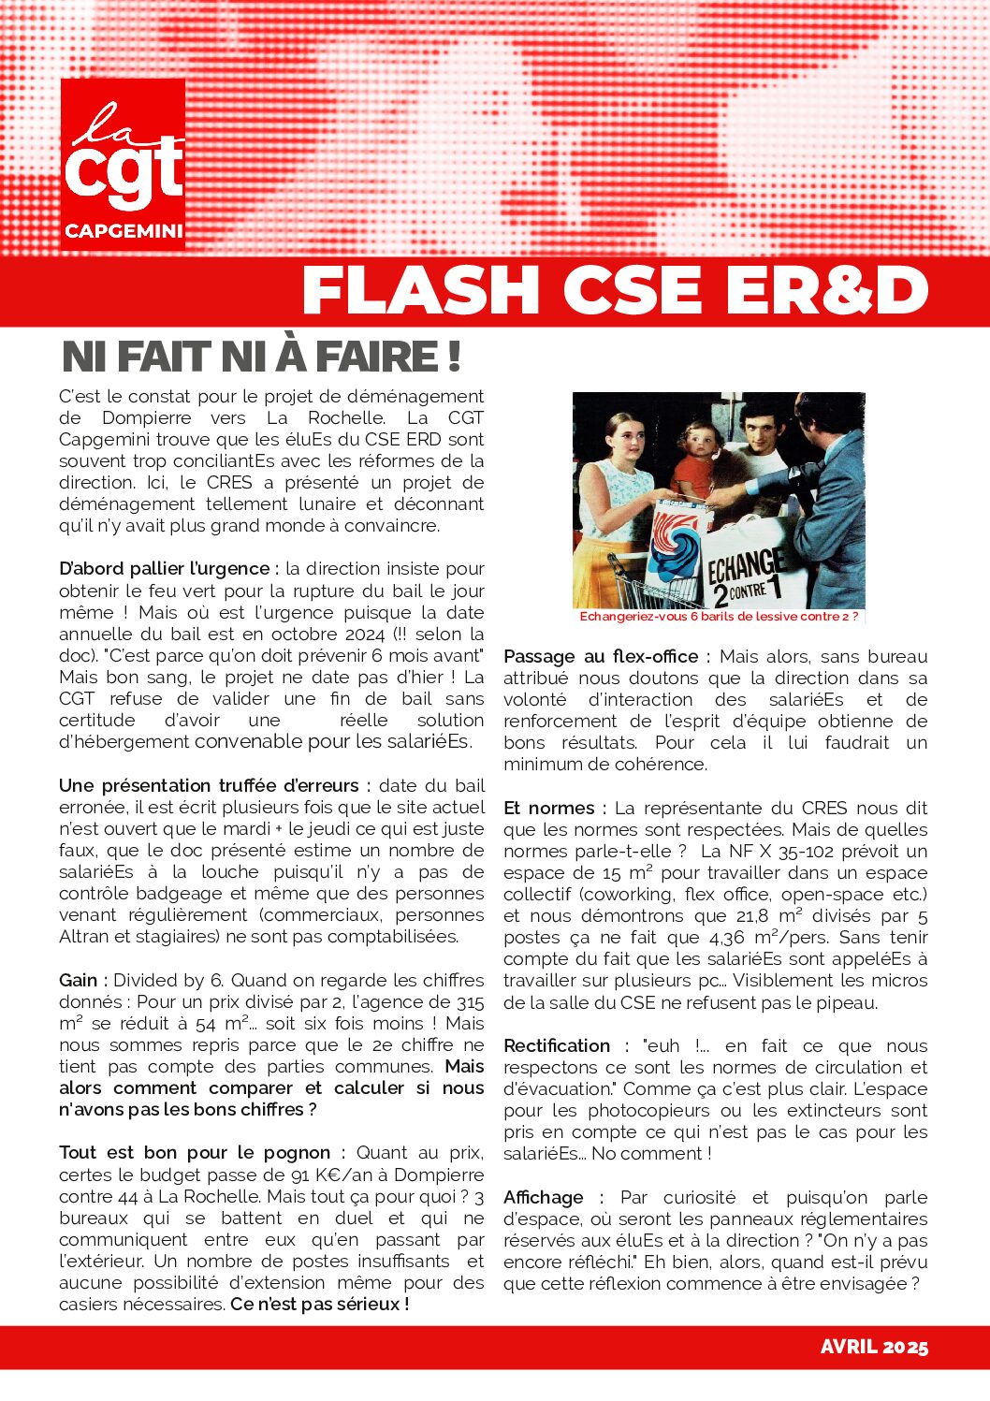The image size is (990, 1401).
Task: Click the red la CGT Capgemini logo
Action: (123, 164)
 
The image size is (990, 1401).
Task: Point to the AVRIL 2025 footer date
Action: (874, 1347)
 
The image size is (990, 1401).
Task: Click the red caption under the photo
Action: (719, 617)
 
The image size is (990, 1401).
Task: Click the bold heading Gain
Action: (79, 981)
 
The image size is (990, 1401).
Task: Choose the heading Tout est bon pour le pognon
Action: (195, 1153)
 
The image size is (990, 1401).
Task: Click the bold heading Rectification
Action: (557, 1046)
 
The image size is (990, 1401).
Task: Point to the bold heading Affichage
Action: (543, 1198)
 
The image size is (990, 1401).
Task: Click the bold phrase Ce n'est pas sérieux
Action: (319, 1304)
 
